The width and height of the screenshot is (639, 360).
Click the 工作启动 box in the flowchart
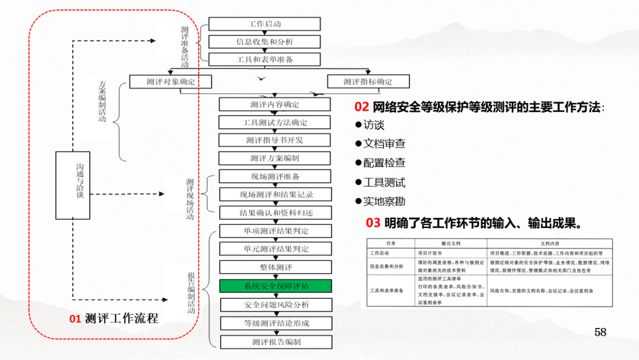[x=264, y=24]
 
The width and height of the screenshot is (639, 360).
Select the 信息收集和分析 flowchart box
[x=264, y=41]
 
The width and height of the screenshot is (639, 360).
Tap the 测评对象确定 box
[x=171, y=82]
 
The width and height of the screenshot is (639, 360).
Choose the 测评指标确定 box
[x=368, y=82]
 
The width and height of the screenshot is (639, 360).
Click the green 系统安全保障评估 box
[x=276, y=286]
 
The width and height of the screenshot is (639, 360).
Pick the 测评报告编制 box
[x=276, y=342]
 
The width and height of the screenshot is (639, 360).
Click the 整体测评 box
[x=276, y=267]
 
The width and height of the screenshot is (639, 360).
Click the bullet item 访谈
[x=373, y=125]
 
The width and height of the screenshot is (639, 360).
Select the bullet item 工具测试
[x=384, y=182]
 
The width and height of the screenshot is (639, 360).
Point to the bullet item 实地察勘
[x=384, y=201]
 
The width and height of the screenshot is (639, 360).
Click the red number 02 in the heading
[x=362, y=107]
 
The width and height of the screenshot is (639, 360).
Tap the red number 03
[x=373, y=223]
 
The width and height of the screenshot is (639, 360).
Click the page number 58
[x=601, y=332]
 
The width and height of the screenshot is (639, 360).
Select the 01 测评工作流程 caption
[x=114, y=319]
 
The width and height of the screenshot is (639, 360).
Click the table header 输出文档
[x=450, y=243]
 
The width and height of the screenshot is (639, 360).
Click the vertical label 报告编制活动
[x=191, y=293]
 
